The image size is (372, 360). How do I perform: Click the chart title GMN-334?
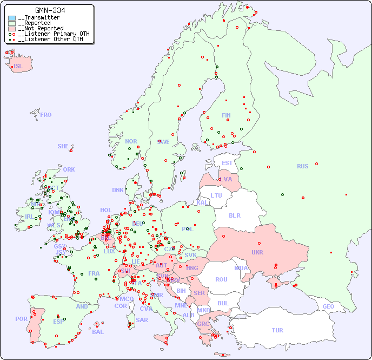pyautogui.click(x=50, y=10)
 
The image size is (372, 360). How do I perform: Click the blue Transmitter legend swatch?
pyautogui.click(x=12, y=18)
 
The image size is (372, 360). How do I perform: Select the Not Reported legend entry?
pyautogui.click(x=41, y=28)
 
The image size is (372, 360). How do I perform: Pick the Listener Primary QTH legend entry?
pyautogui.click(x=49, y=34)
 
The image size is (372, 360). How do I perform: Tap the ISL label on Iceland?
pyautogui.click(x=18, y=67)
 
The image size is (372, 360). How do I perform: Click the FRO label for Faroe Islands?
pyautogui.click(x=46, y=115)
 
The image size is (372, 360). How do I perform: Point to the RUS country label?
pyautogui.click(x=302, y=166)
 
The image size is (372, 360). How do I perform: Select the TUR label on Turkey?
pyautogui.click(x=277, y=330)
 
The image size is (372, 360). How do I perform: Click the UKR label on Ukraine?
pyautogui.click(x=257, y=252)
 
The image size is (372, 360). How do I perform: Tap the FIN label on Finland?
pyautogui.click(x=226, y=115)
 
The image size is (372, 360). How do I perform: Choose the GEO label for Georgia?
pyautogui.click(x=328, y=306)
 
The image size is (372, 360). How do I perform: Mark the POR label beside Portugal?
pyautogui.click(x=21, y=319)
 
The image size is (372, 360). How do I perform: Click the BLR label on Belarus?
pyautogui.click(x=235, y=215)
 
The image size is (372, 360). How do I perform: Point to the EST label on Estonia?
pyautogui.click(x=227, y=163)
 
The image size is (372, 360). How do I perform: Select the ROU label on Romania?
pyautogui.click(x=221, y=279)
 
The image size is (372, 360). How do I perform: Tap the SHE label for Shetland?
pyautogui.click(x=63, y=146)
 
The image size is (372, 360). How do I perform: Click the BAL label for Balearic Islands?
pyautogui.click(x=97, y=332)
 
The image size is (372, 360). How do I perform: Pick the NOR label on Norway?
pyautogui.click(x=131, y=141)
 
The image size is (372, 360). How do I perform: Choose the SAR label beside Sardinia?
pyautogui.click(x=142, y=320)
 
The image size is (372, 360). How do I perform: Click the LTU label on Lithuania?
pyautogui.click(x=216, y=195)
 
